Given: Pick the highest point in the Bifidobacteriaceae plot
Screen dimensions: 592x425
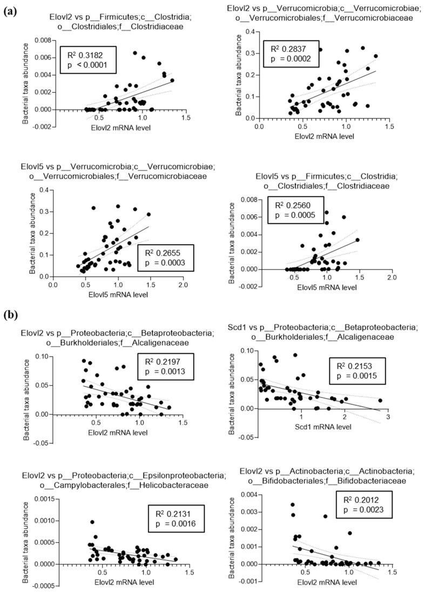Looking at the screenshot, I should click(x=293, y=504).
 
